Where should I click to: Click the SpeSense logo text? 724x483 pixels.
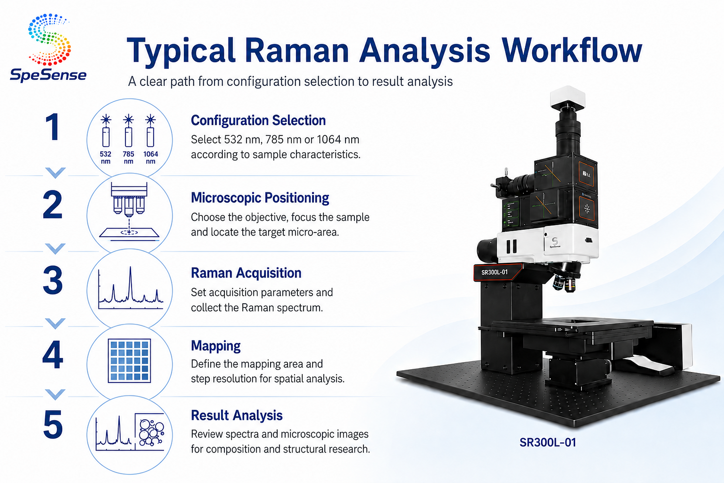(x=48, y=75)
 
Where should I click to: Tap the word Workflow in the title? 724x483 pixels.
(x=572, y=50)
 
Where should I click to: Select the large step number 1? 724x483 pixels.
(x=52, y=126)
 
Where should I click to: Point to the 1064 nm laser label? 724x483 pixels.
(x=151, y=157)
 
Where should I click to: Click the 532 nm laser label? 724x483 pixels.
(x=105, y=157)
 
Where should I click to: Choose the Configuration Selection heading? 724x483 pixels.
(x=258, y=120)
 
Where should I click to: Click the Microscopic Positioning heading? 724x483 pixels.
(x=260, y=198)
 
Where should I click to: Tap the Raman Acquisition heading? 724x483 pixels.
(x=246, y=273)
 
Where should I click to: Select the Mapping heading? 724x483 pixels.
(x=216, y=346)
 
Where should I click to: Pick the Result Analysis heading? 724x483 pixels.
(x=237, y=415)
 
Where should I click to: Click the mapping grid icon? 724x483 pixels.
(x=129, y=361)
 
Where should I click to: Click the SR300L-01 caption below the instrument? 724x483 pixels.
(x=548, y=442)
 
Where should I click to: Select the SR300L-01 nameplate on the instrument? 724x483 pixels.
(x=494, y=272)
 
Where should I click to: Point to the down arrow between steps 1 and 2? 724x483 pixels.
(x=56, y=172)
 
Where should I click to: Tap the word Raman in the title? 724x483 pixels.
(x=297, y=50)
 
